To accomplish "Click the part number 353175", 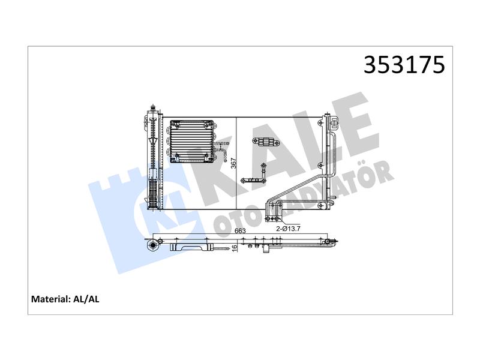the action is pos(404,65).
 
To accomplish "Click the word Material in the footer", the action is pos(50,299).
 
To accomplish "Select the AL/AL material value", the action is pos(86,299).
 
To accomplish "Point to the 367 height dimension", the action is pos(233,163).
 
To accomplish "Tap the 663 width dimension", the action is pos(240,231).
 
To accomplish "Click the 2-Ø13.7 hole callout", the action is pos(288,229).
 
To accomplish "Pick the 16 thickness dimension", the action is pos(235,248).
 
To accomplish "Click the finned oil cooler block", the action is pos(191,141).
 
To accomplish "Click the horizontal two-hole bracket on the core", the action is pos(265,142).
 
